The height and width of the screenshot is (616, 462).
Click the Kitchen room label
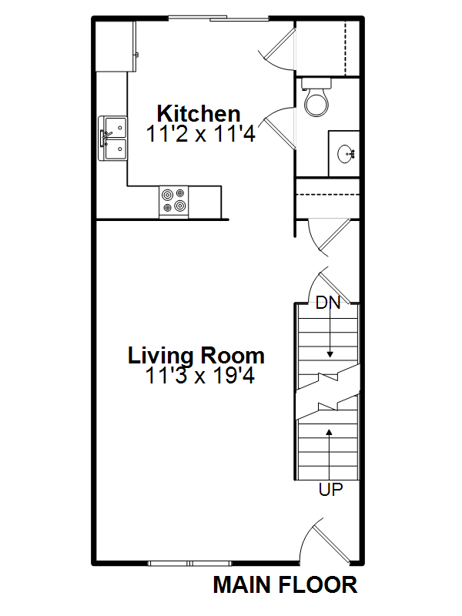[199, 114]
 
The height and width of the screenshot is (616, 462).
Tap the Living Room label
[196, 356]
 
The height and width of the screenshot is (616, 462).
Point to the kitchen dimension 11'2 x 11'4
[201, 133]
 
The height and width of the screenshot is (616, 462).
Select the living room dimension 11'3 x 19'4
[200, 375]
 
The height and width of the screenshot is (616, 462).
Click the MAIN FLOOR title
[285, 585]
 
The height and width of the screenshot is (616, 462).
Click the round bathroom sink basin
[346, 153]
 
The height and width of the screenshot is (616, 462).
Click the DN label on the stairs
[328, 303]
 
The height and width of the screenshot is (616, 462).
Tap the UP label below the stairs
[330, 490]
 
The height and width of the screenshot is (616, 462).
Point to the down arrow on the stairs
[330, 333]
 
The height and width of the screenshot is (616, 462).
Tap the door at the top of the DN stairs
[330, 286]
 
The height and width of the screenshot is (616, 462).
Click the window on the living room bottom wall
[189, 564]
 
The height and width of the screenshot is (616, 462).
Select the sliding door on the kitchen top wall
[219, 18]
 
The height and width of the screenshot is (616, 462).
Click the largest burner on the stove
[180, 205]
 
